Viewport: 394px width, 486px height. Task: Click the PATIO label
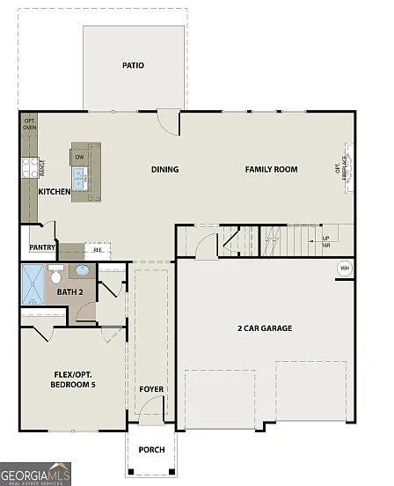point(134,65)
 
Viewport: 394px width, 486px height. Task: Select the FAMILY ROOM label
point(271,169)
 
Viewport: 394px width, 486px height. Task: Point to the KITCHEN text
point(55,191)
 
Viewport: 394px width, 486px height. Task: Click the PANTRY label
point(42,247)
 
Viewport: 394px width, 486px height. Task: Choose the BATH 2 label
point(69,291)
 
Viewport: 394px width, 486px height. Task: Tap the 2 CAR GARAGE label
point(265,328)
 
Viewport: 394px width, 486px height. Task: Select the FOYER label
point(151,389)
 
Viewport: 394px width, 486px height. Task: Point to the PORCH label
point(151,450)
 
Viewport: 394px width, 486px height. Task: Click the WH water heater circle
point(344,268)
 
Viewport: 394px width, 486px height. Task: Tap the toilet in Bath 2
point(56,273)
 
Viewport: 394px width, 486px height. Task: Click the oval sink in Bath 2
point(83,271)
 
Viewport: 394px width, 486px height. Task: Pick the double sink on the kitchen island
point(79,180)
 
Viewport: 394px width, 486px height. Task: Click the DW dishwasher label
point(79,158)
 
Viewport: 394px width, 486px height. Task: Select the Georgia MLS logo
point(35,475)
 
